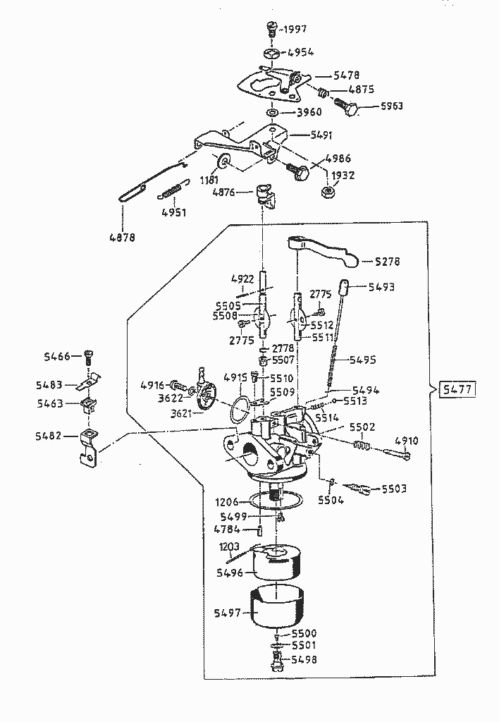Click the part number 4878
[121, 237]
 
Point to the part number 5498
[302, 660]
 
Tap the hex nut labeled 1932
[327, 191]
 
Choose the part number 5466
[56, 357]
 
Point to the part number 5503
[395, 489]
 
